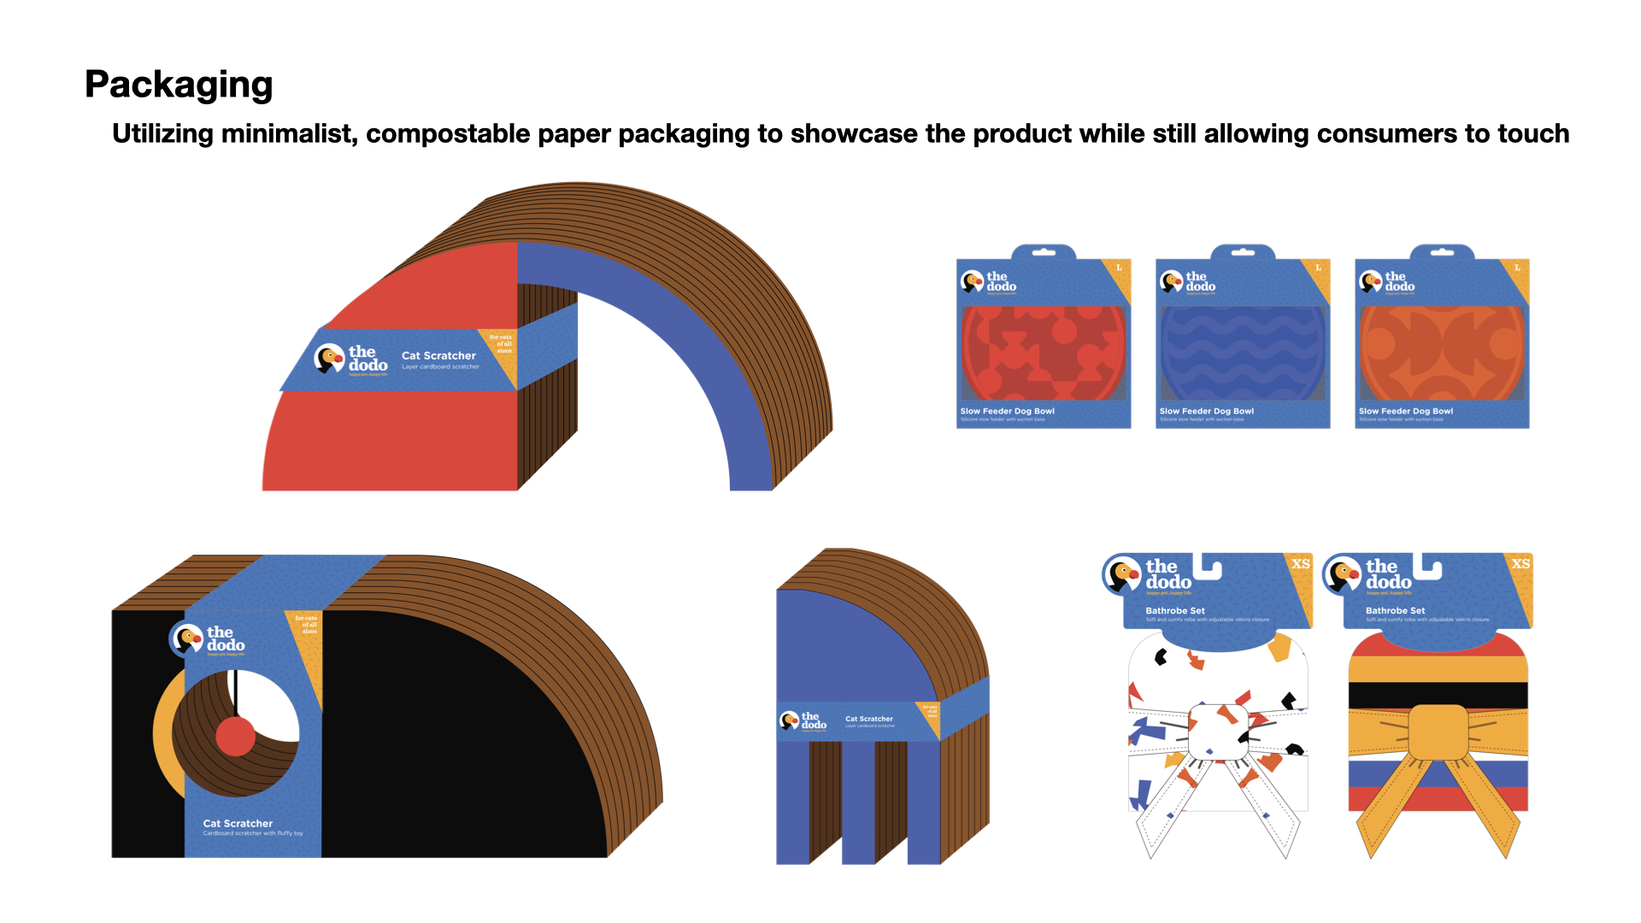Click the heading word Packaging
[179, 85]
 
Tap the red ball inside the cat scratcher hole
[235, 736]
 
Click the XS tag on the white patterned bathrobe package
[1300, 564]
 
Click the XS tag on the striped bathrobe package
[1520, 564]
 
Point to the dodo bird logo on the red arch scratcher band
[329, 358]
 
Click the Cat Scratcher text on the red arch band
[438, 356]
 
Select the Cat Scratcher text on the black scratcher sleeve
[238, 824]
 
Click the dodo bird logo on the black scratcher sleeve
[186, 638]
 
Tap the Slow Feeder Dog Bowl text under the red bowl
[1007, 411]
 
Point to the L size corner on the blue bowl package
[1319, 268]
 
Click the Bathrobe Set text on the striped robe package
[1395, 611]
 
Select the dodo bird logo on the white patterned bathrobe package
[1122, 574]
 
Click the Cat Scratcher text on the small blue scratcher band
[868, 719]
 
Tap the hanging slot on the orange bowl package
[1442, 253]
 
